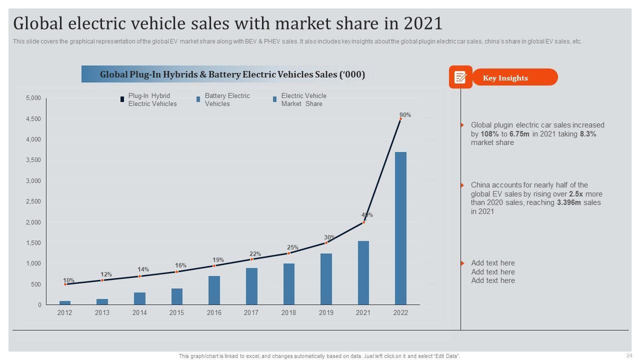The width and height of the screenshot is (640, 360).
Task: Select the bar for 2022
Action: coord(400,228)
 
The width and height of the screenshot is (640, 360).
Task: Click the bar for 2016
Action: coord(214,290)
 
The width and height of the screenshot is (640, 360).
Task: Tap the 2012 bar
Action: coord(65,302)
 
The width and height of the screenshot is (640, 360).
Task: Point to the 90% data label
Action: coord(405,115)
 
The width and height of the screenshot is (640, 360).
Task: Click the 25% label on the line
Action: coord(292,247)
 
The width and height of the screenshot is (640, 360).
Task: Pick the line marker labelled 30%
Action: coord(326,243)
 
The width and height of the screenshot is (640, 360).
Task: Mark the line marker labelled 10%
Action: coord(65,284)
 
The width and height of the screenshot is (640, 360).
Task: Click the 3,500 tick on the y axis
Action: coord(33,160)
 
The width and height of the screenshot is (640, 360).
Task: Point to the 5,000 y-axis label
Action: coord(33,98)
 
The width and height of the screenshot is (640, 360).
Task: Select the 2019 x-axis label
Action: coord(326,313)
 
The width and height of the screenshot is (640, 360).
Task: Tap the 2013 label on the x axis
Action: coord(102,313)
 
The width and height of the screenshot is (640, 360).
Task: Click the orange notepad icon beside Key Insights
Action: coord(460,77)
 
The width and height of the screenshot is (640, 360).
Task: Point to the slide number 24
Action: coord(629,355)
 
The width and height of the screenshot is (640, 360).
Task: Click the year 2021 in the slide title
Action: coord(423,23)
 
